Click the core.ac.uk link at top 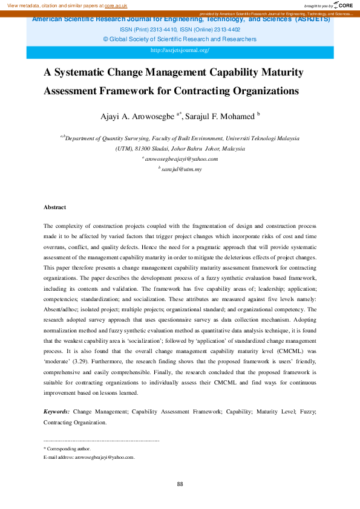pyautogui.click(x=116, y=5)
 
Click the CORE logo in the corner pyautogui.click(x=344, y=5)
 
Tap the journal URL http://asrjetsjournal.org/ pyautogui.click(x=179, y=50)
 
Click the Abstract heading pyautogui.click(x=54, y=207)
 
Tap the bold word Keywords pyautogui.click(x=56, y=411)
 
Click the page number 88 pyautogui.click(x=180, y=484)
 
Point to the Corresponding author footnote pyautogui.click(x=68, y=449)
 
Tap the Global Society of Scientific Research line pyautogui.click(x=180, y=39)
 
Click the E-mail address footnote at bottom pyautogui.click(x=89, y=458)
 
